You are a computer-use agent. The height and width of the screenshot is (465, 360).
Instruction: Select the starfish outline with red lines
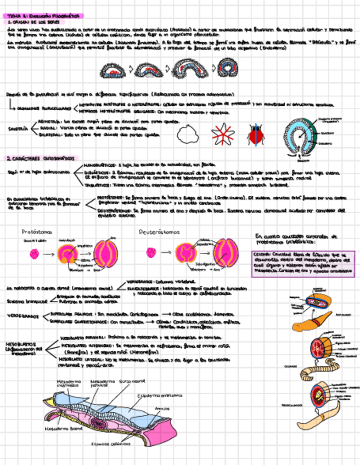(x=222, y=133)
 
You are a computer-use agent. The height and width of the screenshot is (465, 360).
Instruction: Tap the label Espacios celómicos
(x=108, y=444)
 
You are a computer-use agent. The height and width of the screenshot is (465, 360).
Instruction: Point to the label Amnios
(x=161, y=407)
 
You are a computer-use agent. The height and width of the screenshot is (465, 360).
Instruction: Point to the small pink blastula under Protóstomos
(x=35, y=253)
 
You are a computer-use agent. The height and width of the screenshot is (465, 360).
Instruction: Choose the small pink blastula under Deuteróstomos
(x=150, y=253)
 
